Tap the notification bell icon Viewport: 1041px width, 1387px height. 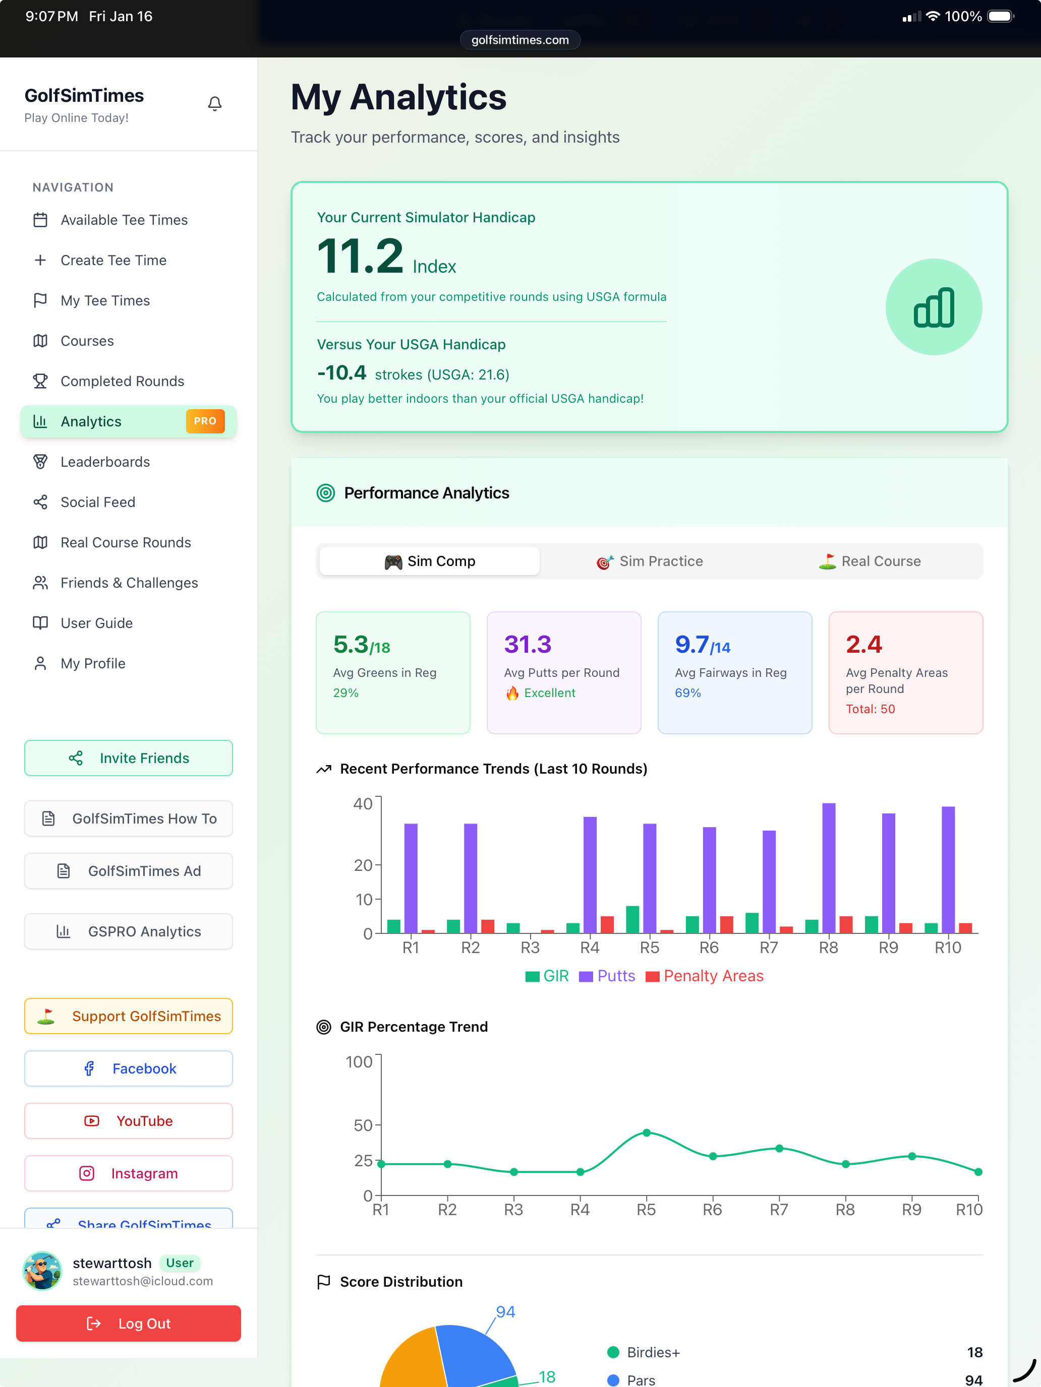point(214,103)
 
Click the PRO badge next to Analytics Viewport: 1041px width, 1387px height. point(205,421)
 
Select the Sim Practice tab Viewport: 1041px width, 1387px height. point(650,561)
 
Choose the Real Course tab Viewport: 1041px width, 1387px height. point(870,561)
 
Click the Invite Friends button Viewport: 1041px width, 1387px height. point(129,758)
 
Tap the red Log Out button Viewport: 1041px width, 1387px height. point(129,1323)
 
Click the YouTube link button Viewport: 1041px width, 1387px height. point(129,1121)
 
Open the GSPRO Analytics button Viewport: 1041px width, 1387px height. point(129,932)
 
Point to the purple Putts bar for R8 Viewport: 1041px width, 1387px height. point(829,868)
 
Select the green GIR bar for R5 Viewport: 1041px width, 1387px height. point(632,920)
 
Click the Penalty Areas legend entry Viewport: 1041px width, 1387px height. point(705,976)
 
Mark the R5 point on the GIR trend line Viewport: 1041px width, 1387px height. point(646,1133)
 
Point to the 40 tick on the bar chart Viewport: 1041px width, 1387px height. point(363,804)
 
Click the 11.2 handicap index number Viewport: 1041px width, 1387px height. point(360,257)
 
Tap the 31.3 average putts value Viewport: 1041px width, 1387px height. point(528,645)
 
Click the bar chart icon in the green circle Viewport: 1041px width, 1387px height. point(934,307)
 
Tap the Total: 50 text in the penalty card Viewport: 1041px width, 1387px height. point(871,709)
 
